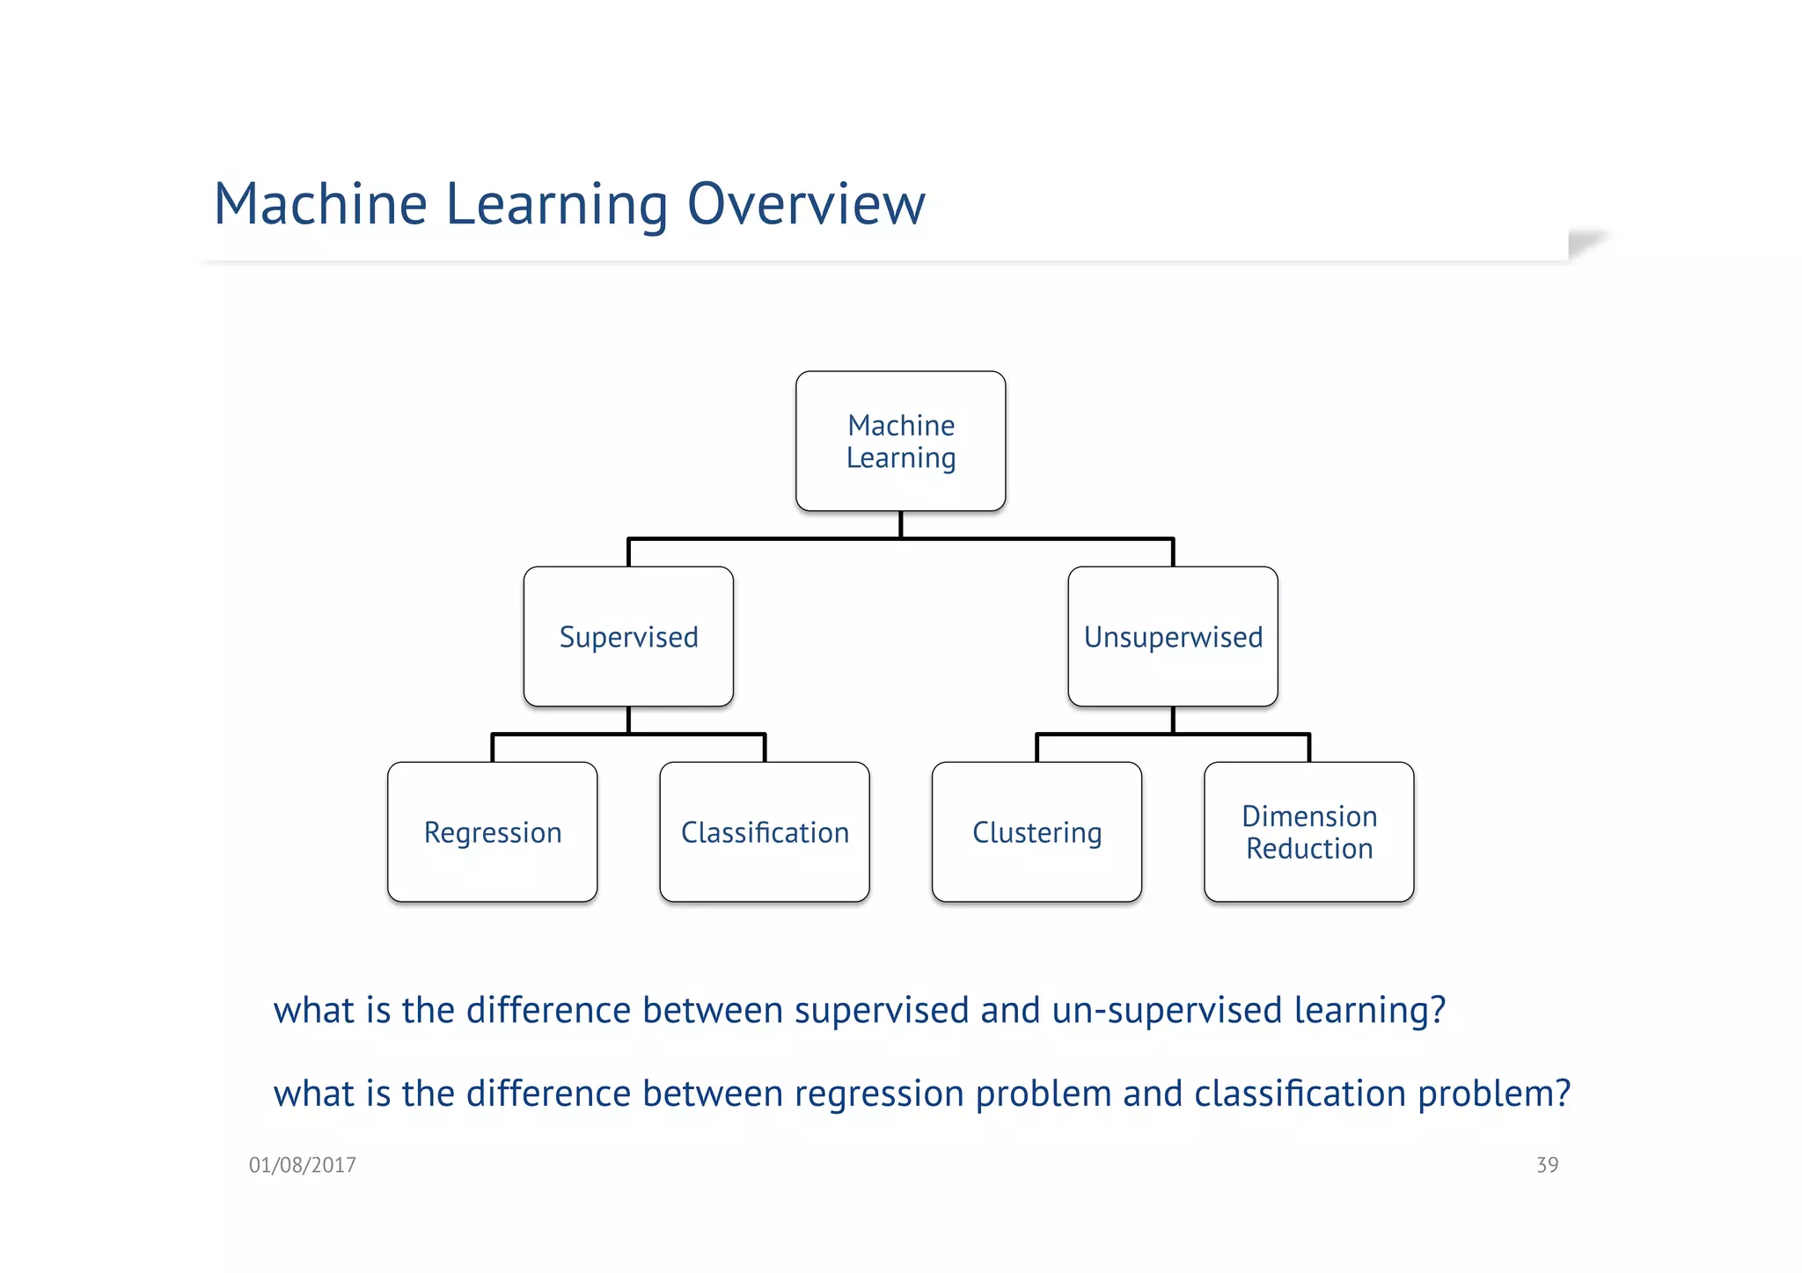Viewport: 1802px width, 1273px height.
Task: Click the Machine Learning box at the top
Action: [x=900, y=441]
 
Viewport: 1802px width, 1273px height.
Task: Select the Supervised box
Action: [x=628, y=636]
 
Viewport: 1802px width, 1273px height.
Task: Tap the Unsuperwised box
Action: [x=1172, y=636]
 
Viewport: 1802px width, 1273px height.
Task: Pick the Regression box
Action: [x=492, y=831]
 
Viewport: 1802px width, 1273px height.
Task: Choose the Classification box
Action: [x=764, y=831]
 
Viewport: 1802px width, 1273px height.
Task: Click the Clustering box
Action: [x=1037, y=831]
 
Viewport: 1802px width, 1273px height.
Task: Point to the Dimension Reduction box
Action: [x=1308, y=831]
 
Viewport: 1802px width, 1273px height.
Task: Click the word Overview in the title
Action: [x=805, y=204]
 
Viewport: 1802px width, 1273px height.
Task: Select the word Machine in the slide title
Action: [x=320, y=204]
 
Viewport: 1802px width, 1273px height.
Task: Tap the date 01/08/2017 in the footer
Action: [x=302, y=1165]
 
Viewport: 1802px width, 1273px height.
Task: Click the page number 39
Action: [x=1547, y=1165]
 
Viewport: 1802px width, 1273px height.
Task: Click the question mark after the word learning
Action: [x=1438, y=1010]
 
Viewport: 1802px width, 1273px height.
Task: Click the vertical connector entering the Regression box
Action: [x=493, y=749]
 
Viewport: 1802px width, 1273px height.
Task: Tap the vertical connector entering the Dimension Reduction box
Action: [x=1309, y=749]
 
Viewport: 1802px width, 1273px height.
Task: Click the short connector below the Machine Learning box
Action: [x=900, y=524]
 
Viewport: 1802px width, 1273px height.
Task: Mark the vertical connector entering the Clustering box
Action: [x=1037, y=749]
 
